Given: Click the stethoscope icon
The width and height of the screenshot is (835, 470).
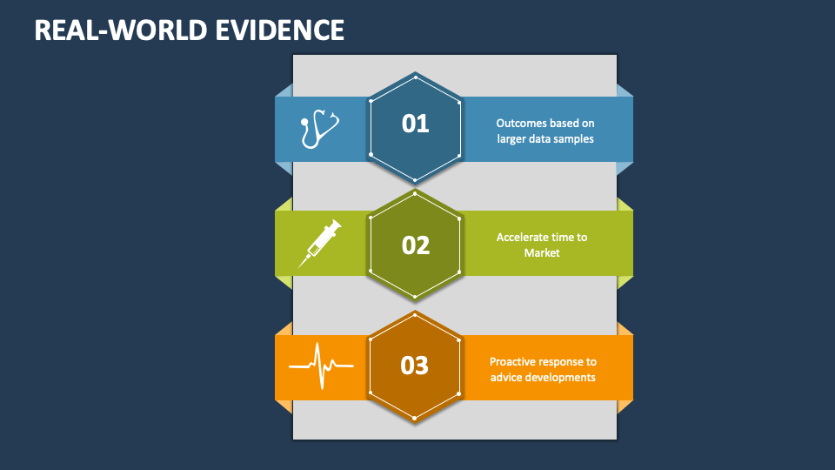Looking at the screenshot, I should [318, 129].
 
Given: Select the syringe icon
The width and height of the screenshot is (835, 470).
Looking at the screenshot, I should [319, 243].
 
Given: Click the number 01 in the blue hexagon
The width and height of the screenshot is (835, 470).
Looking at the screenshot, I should [416, 124].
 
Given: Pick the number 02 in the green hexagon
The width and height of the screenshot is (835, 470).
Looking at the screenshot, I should [416, 245].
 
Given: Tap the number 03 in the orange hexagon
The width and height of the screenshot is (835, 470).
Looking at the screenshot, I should [415, 366].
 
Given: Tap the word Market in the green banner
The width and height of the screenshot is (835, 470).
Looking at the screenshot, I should [542, 252].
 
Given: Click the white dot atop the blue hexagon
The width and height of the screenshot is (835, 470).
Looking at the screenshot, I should [416, 77].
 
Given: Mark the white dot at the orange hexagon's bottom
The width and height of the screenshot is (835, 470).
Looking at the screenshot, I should [415, 418].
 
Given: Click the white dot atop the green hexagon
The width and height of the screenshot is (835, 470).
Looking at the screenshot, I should [416, 193].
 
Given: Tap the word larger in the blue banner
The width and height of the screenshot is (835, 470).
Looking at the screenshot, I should [512, 138].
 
